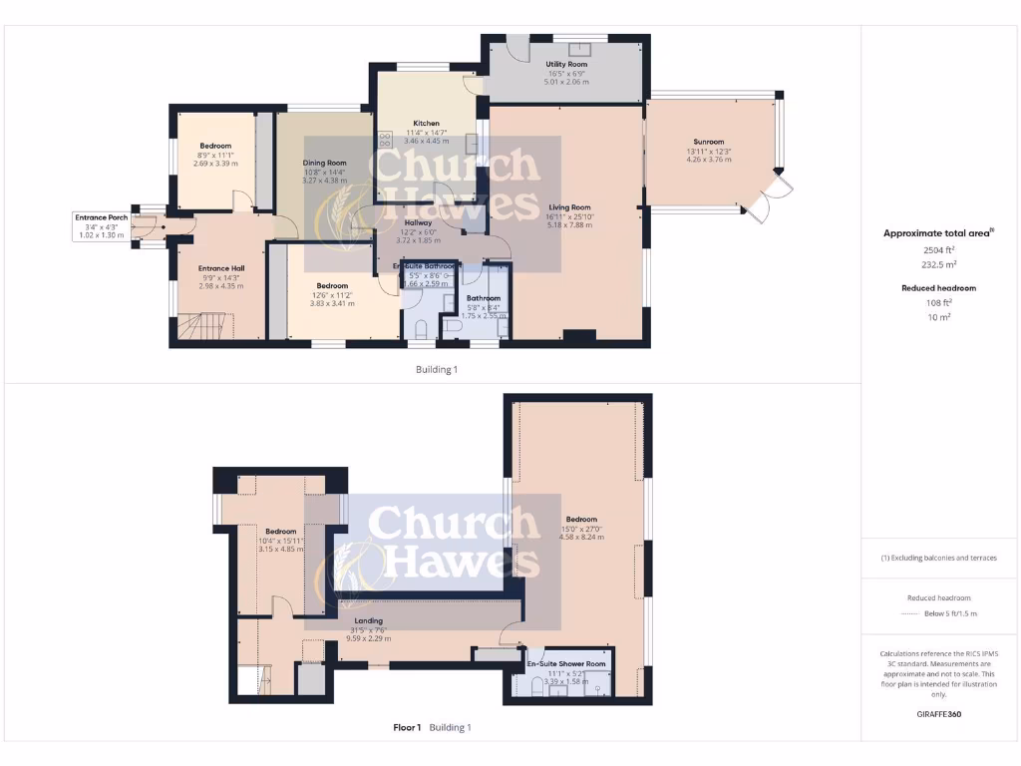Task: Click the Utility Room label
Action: pos(565,64)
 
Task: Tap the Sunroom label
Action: pos(708,142)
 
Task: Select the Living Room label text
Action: pos(569,207)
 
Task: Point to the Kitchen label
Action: pos(426,124)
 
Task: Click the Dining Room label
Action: pos(324,163)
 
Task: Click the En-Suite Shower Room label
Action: pos(565,663)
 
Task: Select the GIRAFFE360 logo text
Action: pos(938,714)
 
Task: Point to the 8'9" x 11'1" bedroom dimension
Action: pos(214,155)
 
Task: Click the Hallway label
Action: pos(418,222)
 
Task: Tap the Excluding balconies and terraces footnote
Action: pos(938,558)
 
